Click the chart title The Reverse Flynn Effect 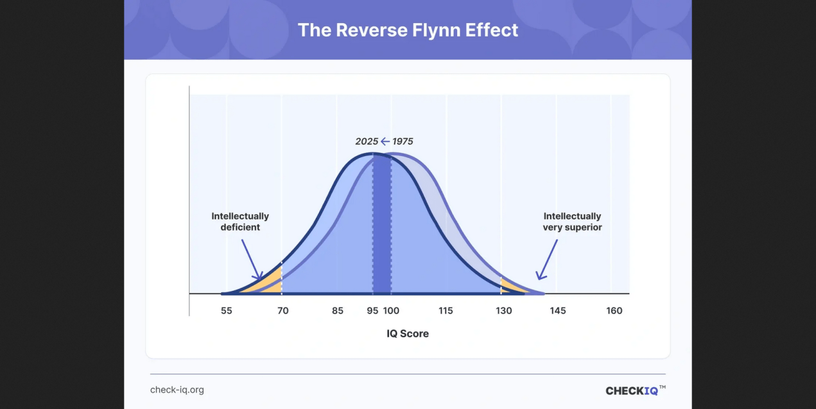click(x=408, y=30)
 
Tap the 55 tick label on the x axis click(x=226, y=311)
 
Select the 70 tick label click(x=282, y=311)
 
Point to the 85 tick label click(x=338, y=311)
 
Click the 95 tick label click(x=372, y=311)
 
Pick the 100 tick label click(x=391, y=311)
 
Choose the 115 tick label click(x=446, y=311)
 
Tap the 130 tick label click(x=504, y=311)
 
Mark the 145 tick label click(x=558, y=311)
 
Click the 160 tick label click(x=614, y=311)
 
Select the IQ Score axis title click(x=408, y=334)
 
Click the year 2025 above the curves click(x=367, y=141)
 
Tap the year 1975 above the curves click(x=403, y=141)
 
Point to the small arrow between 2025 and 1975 click(x=385, y=141)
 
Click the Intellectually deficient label click(x=240, y=222)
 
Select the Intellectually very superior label click(x=572, y=222)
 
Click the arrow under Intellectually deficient click(x=251, y=260)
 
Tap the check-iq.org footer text click(x=177, y=390)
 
